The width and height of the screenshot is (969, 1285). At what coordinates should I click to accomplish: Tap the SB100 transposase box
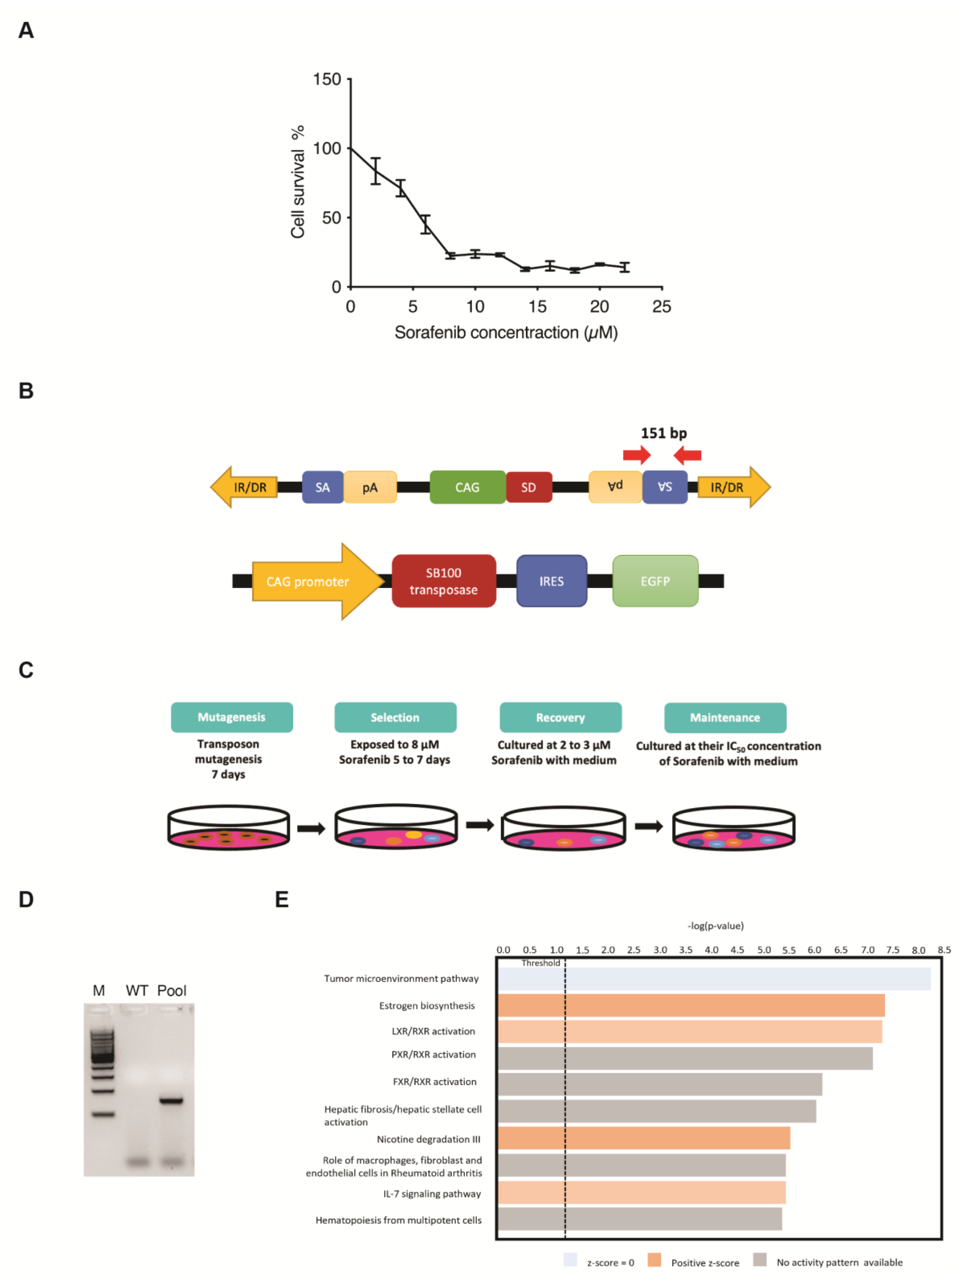click(x=444, y=581)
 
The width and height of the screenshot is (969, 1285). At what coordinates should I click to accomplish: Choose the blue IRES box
click(x=552, y=581)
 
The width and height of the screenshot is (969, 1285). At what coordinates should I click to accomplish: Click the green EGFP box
click(x=655, y=581)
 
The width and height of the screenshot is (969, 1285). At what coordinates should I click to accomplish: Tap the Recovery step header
click(x=560, y=717)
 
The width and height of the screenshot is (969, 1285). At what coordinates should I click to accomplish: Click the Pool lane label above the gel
click(x=172, y=991)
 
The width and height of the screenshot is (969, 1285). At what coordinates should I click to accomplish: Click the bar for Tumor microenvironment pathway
click(x=714, y=979)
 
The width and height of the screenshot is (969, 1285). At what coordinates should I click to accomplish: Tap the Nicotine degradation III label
click(x=428, y=1139)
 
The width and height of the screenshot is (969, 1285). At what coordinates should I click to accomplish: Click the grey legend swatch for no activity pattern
click(x=759, y=1259)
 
